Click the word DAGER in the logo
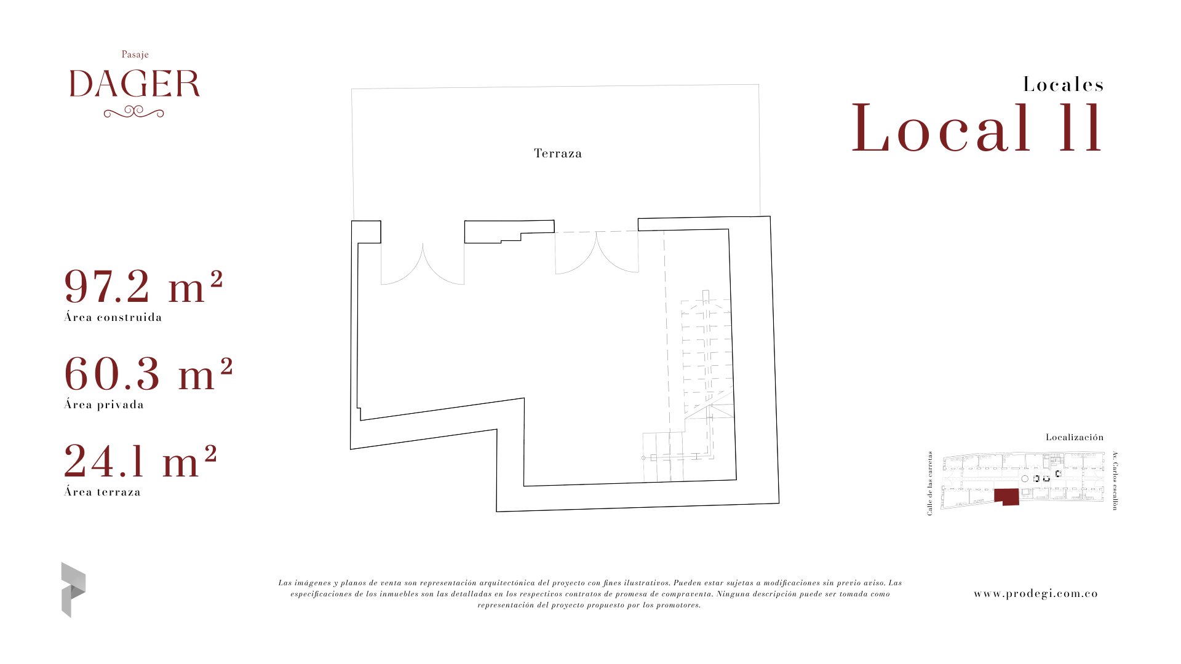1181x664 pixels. (x=135, y=84)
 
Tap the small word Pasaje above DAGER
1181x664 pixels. (x=135, y=55)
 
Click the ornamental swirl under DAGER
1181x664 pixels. (x=134, y=112)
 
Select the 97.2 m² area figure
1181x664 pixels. (x=143, y=287)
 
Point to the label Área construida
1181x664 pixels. (x=113, y=317)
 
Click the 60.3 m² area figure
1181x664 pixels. (x=149, y=374)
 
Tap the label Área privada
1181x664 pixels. (x=104, y=405)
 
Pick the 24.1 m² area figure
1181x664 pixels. (x=141, y=461)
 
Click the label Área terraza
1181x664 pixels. (x=103, y=492)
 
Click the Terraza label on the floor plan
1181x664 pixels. (x=558, y=153)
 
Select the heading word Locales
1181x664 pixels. (x=1064, y=84)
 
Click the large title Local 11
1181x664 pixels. (x=977, y=128)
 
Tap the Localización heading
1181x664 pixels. (x=1075, y=437)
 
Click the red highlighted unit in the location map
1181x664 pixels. (x=1006, y=496)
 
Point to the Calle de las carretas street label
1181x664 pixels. (x=930, y=483)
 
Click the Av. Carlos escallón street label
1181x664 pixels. (x=1115, y=481)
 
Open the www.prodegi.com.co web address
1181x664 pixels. (x=1036, y=594)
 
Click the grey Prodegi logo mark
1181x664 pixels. (x=73, y=590)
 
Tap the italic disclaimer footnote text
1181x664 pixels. (x=590, y=594)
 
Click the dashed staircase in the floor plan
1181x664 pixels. (x=707, y=375)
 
